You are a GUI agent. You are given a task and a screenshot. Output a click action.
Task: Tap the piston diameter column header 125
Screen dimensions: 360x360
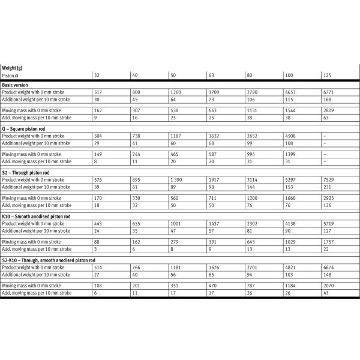pos(328,76)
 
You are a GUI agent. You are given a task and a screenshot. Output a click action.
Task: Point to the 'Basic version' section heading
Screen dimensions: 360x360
pos(14,85)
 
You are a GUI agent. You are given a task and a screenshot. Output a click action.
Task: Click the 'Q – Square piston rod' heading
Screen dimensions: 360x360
pos(23,128)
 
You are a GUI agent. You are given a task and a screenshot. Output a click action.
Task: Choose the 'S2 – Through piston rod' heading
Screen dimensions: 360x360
pos(25,172)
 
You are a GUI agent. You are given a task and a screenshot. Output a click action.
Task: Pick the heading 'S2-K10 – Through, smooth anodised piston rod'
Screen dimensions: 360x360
pos(48,260)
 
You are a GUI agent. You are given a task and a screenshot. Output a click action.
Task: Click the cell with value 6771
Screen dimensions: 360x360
pos(329,93)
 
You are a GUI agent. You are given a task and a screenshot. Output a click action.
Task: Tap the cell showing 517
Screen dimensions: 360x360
pos(99,93)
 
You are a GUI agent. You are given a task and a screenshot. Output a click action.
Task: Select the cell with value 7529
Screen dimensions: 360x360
pos(329,181)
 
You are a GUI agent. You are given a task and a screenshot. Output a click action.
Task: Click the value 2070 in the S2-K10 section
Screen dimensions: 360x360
pos(329,286)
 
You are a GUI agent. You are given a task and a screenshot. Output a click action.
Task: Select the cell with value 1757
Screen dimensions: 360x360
pos(329,242)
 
